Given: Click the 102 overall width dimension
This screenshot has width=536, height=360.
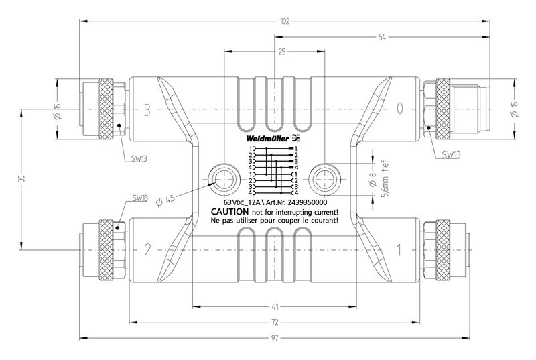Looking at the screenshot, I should point(284,21).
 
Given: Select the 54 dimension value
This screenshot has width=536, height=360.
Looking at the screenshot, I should point(381,38).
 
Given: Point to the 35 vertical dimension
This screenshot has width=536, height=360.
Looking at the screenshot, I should point(21,178).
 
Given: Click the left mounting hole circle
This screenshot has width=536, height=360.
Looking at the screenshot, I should point(222,177).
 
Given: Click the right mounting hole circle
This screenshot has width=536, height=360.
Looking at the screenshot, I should point(324,177).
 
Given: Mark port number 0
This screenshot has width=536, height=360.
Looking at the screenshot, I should point(400,109).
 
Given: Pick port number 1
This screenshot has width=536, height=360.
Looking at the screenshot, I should point(400,250).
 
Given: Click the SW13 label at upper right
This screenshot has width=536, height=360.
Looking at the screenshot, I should point(451,154).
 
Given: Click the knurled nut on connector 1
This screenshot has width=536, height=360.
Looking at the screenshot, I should point(443,249).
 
